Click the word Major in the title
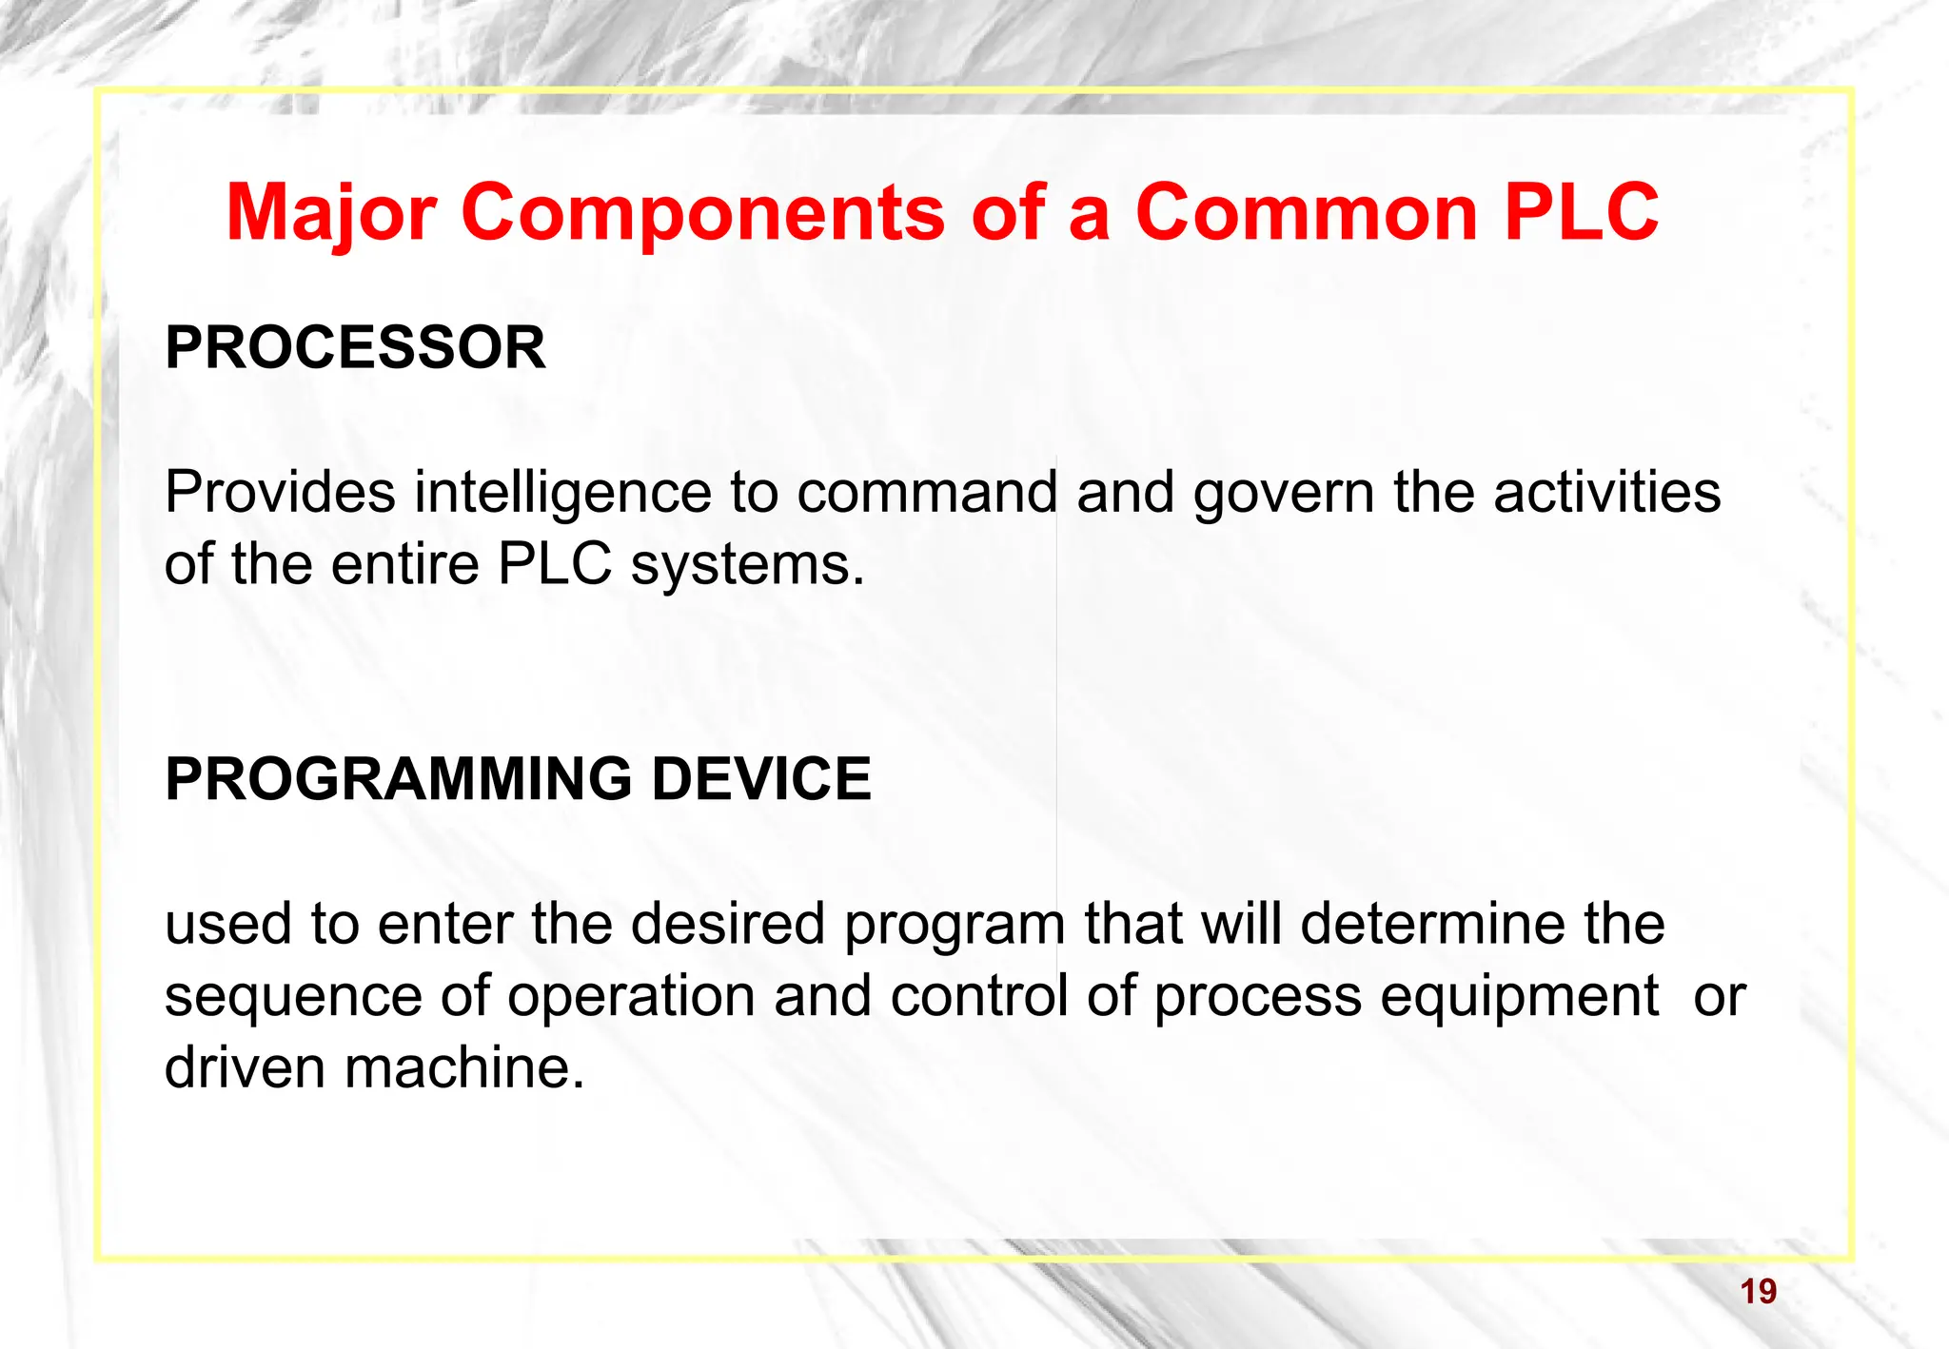click(x=330, y=212)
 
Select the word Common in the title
click(x=1306, y=212)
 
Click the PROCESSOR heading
click(x=355, y=347)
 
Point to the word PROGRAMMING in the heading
click(x=398, y=778)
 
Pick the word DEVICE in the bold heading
click(x=760, y=778)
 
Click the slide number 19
click(x=1758, y=1292)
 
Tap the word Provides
click(x=280, y=493)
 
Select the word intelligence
click(x=562, y=493)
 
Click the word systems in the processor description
click(x=747, y=564)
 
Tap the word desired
click(x=727, y=924)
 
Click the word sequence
click(x=292, y=996)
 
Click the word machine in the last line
click(x=463, y=1067)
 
